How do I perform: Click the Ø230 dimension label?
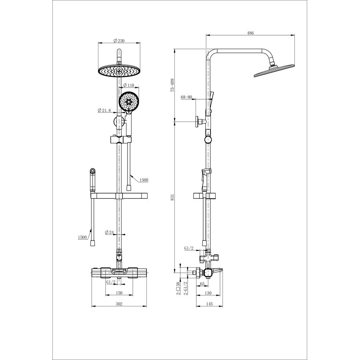pyautogui.click(x=119, y=41)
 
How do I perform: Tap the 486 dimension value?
pyautogui.click(x=250, y=33)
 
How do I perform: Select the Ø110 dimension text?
pyautogui.click(x=128, y=85)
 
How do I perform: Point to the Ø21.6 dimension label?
pyautogui.click(x=104, y=110)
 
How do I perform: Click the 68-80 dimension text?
pyautogui.click(x=186, y=97)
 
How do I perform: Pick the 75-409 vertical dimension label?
pyautogui.click(x=172, y=86)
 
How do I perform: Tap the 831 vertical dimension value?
pyautogui.click(x=172, y=197)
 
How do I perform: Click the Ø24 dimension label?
pyautogui.click(x=109, y=232)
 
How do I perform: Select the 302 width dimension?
pyautogui.click(x=119, y=304)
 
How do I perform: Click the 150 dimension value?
pyautogui.click(x=119, y=293)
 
